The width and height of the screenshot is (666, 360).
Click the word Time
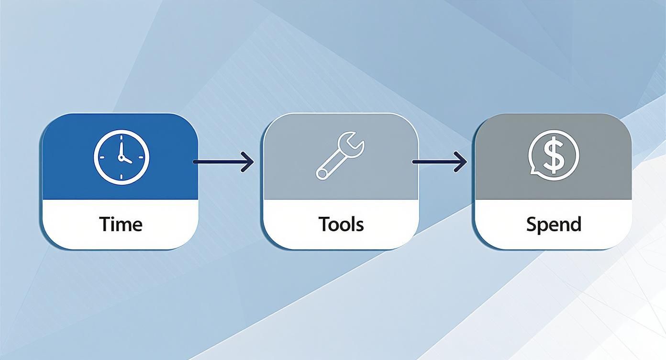tap(121, 224)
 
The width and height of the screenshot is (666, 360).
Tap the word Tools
tap(341, 224)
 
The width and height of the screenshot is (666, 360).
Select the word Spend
tap(554, 224)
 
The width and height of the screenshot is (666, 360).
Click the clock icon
tap(122, 157)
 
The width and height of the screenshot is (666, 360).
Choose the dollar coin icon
tap(554, 155)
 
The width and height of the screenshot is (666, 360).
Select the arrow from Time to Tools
tap(223, 162)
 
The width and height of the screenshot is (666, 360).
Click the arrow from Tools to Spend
tap(439, 162)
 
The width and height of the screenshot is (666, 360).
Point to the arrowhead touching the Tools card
tap(248, 162)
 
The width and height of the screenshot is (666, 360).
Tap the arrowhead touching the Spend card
tap(462, 162)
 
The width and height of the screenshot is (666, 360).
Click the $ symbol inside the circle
tap(554, 155)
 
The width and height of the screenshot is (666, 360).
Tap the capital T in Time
tap(105, 224)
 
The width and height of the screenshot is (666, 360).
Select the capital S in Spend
tap(531, 224)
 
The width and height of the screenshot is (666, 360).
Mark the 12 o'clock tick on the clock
tap(122, 137)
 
